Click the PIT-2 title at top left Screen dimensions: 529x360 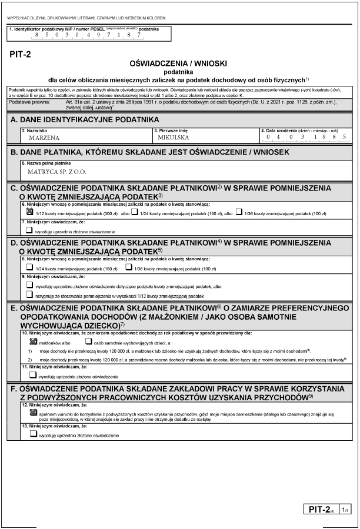pyautogui.click(x=21, y=55)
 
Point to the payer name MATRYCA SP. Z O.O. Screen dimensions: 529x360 pyautogui.click(x=58, y=172)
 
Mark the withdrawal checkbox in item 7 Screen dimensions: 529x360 pyautogui.click(x=30, y=231)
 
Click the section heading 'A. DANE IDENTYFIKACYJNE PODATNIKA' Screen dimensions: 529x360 pyautogui.click(x=85, y=120)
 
